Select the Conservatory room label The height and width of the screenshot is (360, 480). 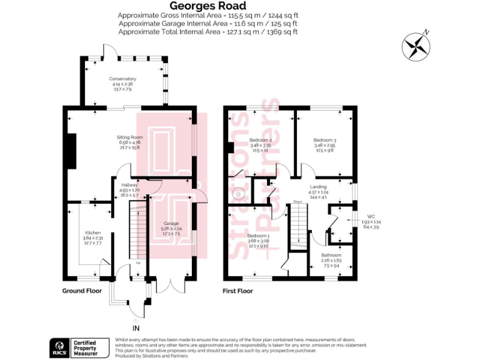pyautogui.click(x=122, y=79)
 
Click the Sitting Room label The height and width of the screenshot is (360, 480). pyautogui.click(x=130, y=137)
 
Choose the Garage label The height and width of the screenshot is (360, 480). pyautogui.click(x=171, y=223)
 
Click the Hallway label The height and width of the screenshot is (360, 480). pyautogui.click(x=121, y=185)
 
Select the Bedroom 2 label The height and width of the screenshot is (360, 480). pyautogui.click(x=259, y=139)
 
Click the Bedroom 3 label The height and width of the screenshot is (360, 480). pyautogui.click(x=325, y=139)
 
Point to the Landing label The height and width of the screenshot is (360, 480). pyautogui.click(x=319, y=186)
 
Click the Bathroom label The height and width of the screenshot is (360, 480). pyautogui.click(x=331, y=255)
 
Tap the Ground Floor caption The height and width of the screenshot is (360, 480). pyautogui.click(x=82, y=291)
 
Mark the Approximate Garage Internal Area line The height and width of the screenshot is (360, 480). pyautogui.click(x=207, y=23)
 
